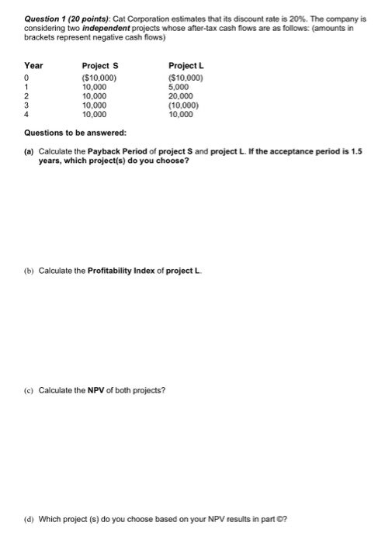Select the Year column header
coord(33,65)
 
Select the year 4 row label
coord(28,115)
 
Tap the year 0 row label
coord(28,78)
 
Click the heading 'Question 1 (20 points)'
coord(68,15)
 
